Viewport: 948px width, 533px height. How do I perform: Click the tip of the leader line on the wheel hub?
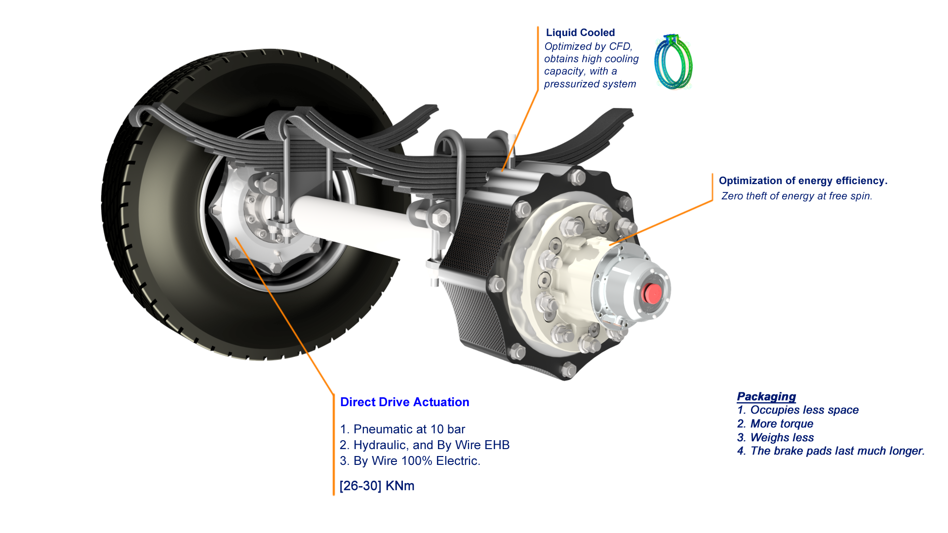point(236,238)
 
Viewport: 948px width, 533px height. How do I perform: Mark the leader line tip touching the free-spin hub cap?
point(610,245)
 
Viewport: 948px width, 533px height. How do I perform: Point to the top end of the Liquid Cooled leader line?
point(538,27)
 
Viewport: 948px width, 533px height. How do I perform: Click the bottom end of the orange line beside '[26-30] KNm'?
point(334,495)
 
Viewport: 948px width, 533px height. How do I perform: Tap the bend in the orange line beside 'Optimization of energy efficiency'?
point(712,200)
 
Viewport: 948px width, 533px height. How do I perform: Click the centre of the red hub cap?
point(652,293)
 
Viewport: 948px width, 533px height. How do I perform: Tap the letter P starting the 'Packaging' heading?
point(741,397)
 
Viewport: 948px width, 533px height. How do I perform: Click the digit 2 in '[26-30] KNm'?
point(347,486)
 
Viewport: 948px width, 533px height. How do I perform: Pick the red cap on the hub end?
point(652,293)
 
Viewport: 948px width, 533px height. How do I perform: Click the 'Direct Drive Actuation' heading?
point(405,402)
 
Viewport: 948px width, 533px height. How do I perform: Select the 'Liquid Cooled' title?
point(580,33)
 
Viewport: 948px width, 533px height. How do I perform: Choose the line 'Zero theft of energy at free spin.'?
point(797,196)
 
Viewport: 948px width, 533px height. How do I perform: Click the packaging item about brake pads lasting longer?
point(831,451)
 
